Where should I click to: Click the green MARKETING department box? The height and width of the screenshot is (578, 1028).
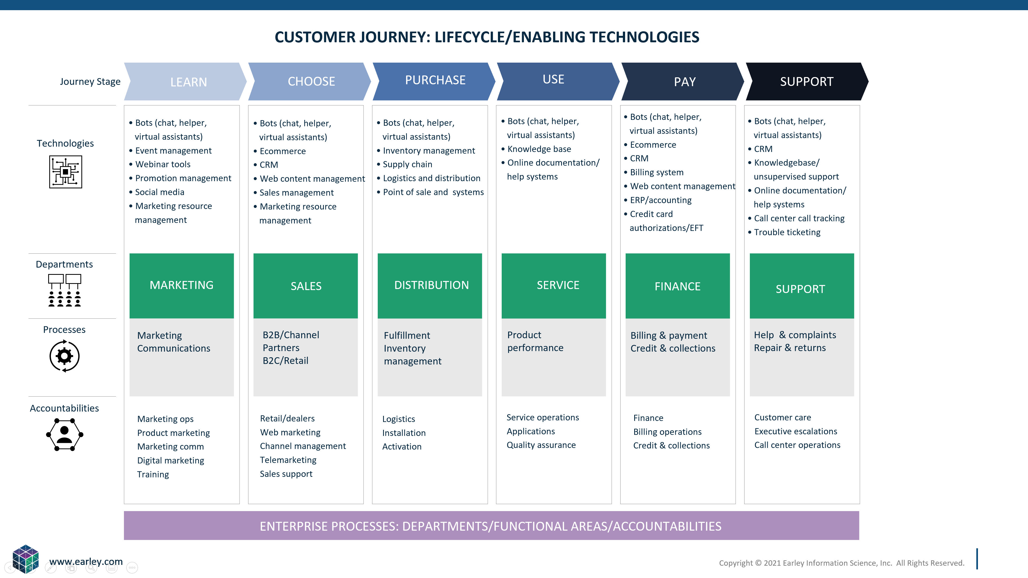pos(182,286)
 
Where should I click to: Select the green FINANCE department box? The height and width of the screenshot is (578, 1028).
pos(678,286)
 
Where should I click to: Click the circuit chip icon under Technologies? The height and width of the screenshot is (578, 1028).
pos(65,172)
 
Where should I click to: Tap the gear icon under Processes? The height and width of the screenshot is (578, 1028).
pos(65,356)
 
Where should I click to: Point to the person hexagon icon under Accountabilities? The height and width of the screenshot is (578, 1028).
pos(65,434)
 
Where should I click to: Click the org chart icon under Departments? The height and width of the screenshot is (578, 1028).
pos(65,290)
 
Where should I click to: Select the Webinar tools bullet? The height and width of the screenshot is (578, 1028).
pos(163,164)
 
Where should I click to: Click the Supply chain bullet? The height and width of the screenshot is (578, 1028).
pos(407,164)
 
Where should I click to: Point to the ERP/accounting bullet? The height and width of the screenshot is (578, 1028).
pos(660,200)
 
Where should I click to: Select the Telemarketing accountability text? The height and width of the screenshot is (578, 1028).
pos(288,460)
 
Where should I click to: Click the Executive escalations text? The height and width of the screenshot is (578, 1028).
pos(796,431)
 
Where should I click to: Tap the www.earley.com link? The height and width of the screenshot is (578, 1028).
pos(86,562)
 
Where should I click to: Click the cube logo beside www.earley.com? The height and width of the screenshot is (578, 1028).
pos(25,558)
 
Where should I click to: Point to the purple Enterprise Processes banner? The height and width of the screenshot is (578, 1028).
pos(491,526)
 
